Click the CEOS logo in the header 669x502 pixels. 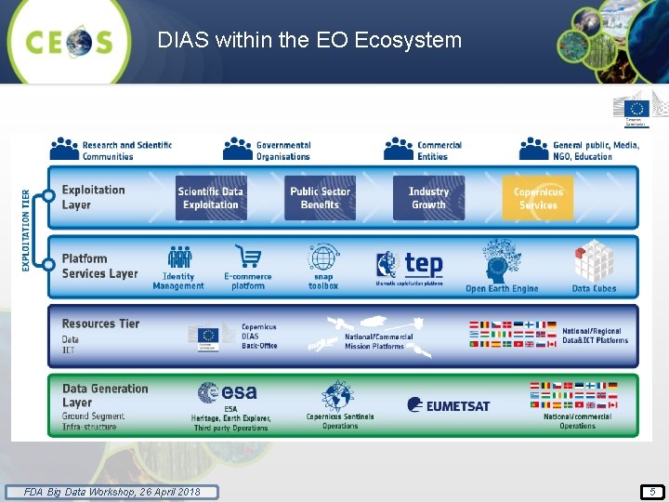(x=70, y=42)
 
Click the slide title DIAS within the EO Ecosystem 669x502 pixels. (x=309, y=40)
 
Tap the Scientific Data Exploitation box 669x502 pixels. (x=211, y=198)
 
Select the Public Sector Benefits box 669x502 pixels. (x=320, y=198)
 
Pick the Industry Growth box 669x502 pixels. (x=428, y=198)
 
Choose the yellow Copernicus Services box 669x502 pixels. (x=538, y=198)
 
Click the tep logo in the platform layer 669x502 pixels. (x=410, y=267)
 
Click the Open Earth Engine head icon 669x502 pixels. (x=501, y=261)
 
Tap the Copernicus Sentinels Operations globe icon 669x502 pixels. (x=338, y=396)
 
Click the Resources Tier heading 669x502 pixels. (x=100, y=324)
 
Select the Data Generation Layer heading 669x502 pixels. (x=104, y=395)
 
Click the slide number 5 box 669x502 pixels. (x=652, y=491)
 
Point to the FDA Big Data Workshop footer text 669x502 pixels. (x=111, y=491)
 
